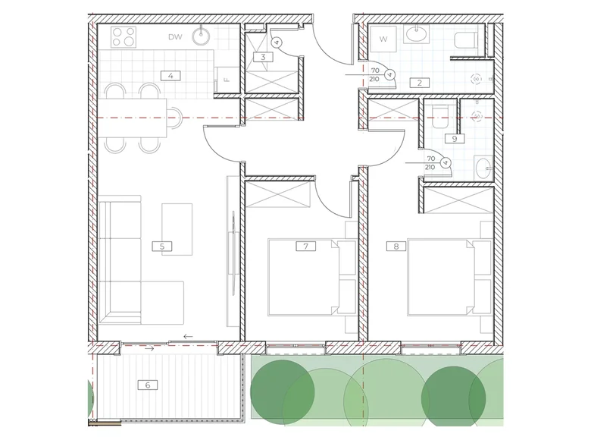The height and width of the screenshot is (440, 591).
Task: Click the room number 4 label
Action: pos(170,76)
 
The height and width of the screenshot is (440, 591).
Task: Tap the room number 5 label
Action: pos(162,247)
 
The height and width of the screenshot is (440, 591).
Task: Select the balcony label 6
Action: pos(148,385)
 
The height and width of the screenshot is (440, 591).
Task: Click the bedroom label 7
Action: pos(305,247)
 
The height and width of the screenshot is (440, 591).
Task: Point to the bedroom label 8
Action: pos(396,247)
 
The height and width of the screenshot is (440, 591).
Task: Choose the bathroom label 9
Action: pos(455,139)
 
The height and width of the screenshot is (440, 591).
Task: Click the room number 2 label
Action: pos(420,83)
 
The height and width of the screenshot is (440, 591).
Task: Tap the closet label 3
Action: pos(263,57)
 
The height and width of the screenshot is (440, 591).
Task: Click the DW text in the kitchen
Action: pos(175,37)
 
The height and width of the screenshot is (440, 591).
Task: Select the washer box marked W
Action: pos(383,39)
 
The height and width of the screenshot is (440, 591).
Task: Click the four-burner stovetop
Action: pos(124,37)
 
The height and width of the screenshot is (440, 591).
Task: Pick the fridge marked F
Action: pos(226,80)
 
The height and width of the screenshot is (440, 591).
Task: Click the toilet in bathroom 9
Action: pos(439,117)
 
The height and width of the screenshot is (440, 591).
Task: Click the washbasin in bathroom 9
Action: pos(483,168)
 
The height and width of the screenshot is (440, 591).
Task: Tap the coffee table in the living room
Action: pos(177,229)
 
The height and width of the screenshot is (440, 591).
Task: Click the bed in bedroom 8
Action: pos(449,277)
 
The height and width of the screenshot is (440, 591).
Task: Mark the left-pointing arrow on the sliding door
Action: pos(188,337)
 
